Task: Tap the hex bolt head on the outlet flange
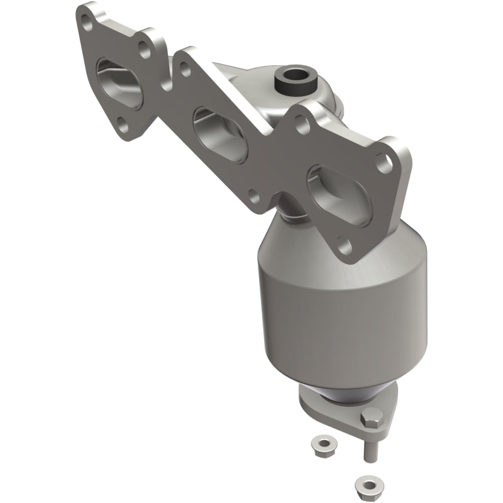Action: pos(371,417)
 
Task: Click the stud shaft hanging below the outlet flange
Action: pos(366,450)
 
